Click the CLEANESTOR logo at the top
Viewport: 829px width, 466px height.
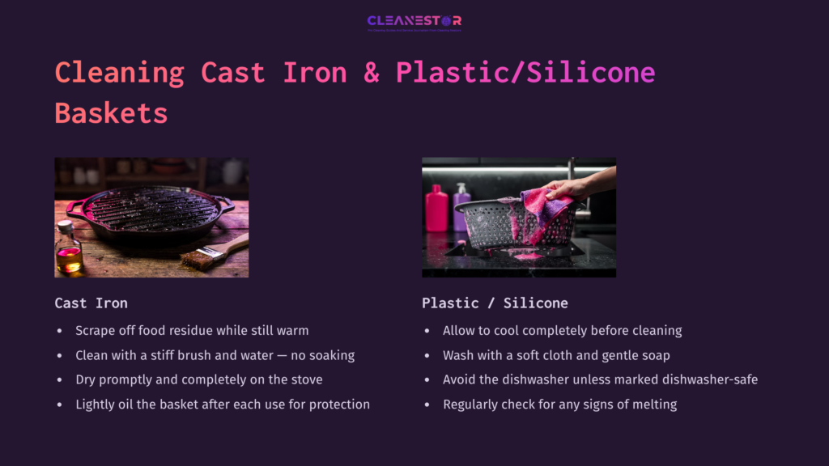coord(414,22)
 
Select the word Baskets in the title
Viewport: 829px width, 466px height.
coord(111,112)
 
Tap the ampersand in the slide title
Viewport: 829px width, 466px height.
coord(372,72)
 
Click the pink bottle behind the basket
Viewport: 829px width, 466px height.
coord(436,208)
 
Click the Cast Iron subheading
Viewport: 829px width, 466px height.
coord(91,303)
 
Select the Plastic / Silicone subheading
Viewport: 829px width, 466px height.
coord(495,303)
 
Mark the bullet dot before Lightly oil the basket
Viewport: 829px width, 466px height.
coord(59,405)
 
